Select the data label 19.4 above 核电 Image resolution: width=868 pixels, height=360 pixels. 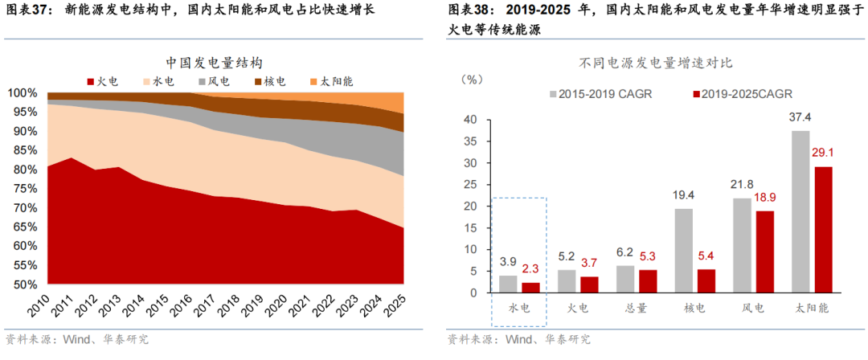684,194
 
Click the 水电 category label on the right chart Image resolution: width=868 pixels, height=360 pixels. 519,307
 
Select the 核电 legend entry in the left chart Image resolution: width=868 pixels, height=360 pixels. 269,81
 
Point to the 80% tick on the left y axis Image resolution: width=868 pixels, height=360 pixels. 23,170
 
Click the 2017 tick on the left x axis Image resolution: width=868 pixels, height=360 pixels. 209,309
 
